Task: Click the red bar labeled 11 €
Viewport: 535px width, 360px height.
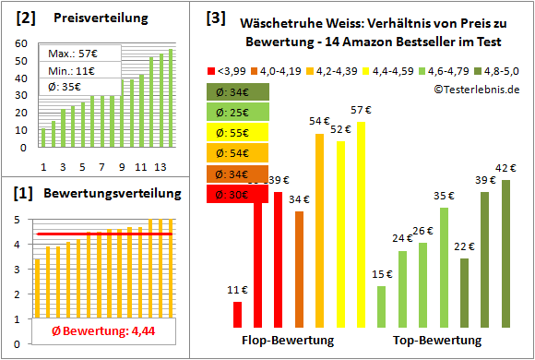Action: [237, 314]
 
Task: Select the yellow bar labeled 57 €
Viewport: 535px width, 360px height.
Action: [362, 224]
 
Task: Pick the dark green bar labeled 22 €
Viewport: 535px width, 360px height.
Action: [464, 293]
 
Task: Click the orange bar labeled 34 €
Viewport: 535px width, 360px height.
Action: [299, 269]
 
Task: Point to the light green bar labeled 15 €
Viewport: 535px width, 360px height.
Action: [381, 306]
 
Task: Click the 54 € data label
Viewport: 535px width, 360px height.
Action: [319, 121]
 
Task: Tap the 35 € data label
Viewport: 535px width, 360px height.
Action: [444, 196]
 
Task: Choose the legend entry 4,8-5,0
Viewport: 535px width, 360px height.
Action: [503, 70]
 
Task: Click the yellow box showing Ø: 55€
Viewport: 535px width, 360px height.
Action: [238, 133]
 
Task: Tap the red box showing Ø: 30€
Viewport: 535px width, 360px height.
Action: [238, 195]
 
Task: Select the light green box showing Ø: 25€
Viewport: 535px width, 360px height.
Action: [238, 113]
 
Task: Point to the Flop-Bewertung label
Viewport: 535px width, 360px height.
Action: [288, 341]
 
